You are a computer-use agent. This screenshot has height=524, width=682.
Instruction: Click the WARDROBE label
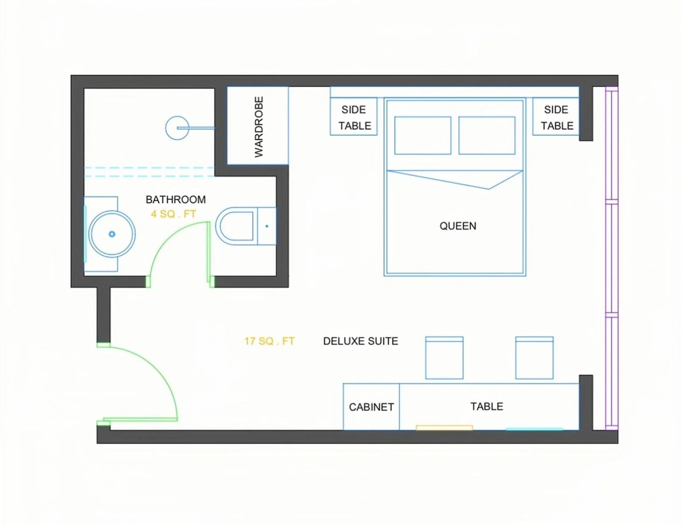[259, 127]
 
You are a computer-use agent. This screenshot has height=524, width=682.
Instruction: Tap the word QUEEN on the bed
[457, 226]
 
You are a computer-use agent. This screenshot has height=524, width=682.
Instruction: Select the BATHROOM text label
[176, 200]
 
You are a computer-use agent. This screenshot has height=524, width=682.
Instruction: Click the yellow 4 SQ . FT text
[173, 214]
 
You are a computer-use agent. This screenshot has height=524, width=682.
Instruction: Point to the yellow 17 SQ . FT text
[269, 341]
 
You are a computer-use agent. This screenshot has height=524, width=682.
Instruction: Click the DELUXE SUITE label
[361, 341]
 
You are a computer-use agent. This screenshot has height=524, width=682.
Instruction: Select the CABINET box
[371, 407]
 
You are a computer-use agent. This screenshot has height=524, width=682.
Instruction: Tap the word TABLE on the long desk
[487, 406]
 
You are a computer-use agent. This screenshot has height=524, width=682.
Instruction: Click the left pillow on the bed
[423, 135]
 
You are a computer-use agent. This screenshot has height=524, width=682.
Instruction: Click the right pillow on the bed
[487, 135]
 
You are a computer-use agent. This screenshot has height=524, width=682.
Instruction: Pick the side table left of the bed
[353, 117]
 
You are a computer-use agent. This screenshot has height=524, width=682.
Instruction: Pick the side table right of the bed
[556, 117]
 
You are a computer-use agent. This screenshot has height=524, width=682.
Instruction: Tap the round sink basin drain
[112, 234]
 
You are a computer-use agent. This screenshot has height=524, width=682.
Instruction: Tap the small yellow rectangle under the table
[444, 428]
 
